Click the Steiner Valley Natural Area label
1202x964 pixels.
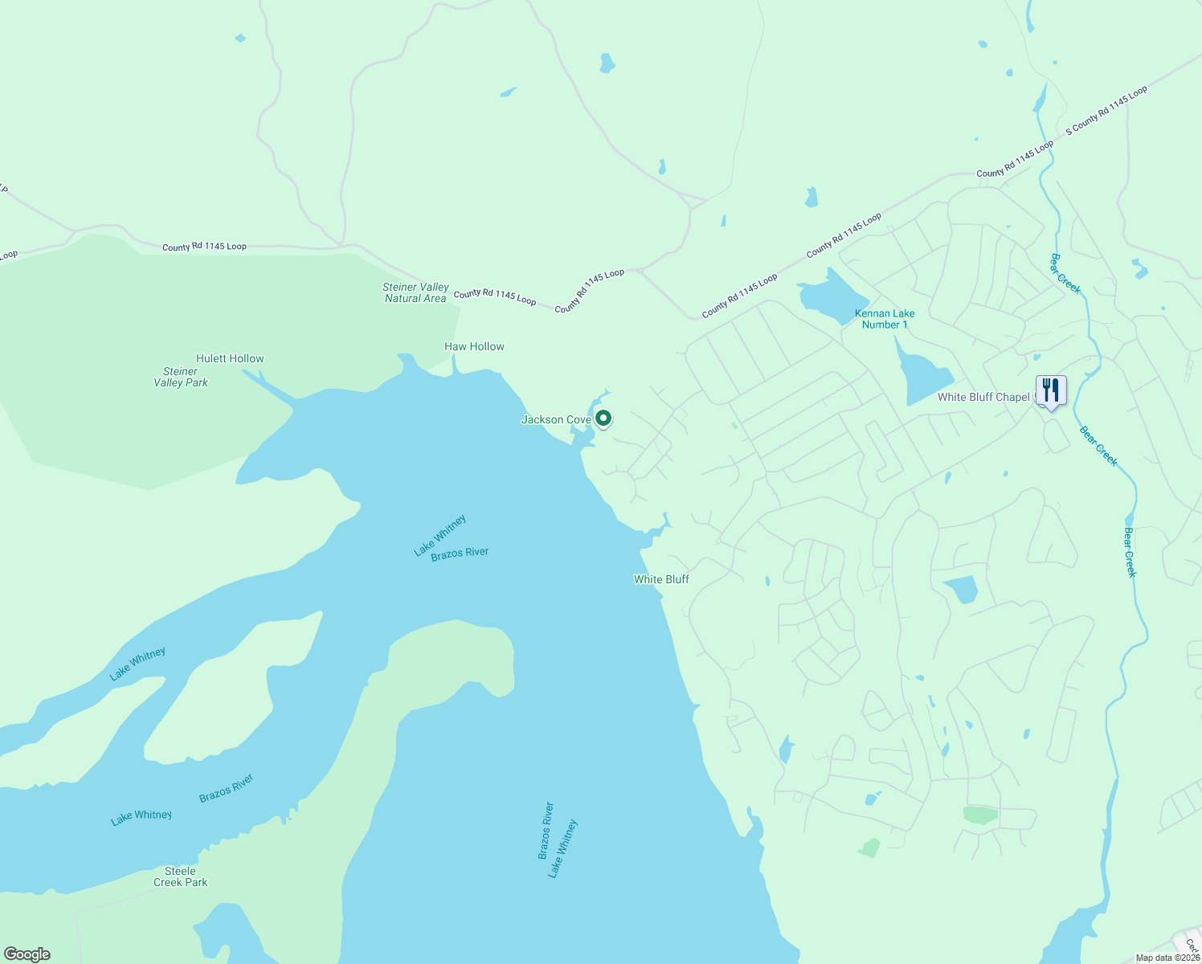(415, 292)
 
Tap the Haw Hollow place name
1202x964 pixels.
(474, 346)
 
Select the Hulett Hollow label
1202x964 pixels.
(230, 358)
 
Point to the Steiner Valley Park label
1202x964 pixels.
(181, 377)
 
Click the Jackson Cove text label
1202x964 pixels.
(556, 419)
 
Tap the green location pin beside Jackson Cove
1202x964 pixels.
(603, 418)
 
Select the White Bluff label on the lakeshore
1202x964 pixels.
(661, 579)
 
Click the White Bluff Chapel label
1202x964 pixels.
(983, 397)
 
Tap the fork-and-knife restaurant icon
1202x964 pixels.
(1050, 390)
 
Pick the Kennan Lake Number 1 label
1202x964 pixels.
(885, 319)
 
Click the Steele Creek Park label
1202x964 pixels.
(181, 876)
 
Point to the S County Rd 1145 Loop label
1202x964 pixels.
(1106, 111)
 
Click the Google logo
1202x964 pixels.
(27, 954)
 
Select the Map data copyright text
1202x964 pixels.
(1167, 958)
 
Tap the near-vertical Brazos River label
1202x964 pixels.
(546, 831)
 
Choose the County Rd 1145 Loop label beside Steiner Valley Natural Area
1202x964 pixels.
(495, 296)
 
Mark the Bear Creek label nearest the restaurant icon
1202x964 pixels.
(1098, 446)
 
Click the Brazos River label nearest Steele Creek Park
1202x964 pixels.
(226, 788)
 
